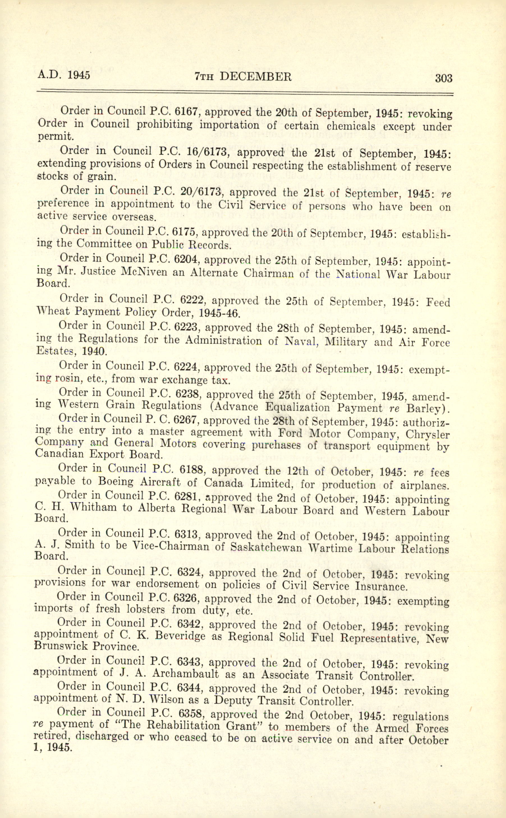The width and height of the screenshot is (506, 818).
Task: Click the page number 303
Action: click(x=443, y=78)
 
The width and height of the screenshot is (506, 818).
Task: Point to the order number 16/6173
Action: click(x=200, y=152)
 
